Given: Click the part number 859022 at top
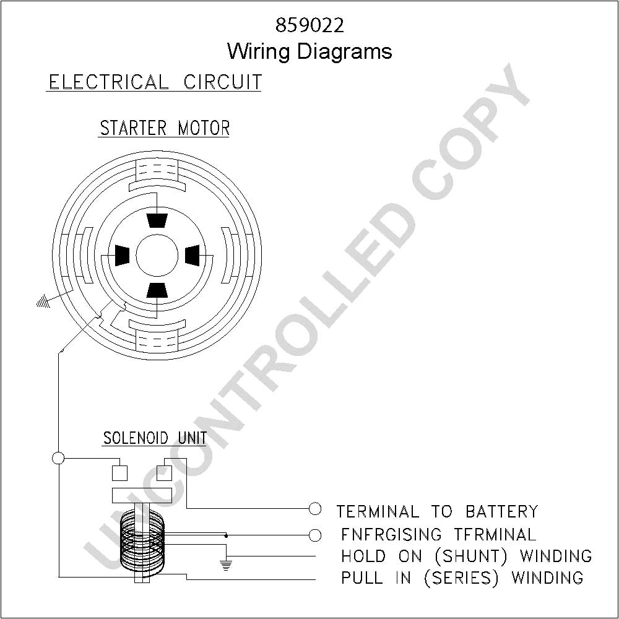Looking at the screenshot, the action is [x=309, y=25].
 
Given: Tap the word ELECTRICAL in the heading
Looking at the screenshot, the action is [x=108, y=82].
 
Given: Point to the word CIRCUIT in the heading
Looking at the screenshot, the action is [x=222, y=82].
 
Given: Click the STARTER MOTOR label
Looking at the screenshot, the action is [x=165, y=128].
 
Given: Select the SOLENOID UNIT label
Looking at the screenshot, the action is [x=155, y=438].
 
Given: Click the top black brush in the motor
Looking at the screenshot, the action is [x=157, y=221].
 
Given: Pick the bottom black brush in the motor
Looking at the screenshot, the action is [x=157, y=290].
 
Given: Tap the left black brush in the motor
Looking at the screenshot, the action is [x=122, y=256].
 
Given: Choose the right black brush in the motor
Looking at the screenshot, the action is [x=193, y=256].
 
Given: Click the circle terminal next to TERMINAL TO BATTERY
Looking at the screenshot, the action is [x=314, y=509].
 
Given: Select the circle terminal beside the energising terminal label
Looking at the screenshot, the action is [x=314, y=535].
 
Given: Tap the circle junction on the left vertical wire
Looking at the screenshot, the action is [x=58, y=458].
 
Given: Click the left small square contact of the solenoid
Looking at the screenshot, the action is [x=119, y=473].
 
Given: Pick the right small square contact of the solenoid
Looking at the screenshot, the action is [x=164, y=473].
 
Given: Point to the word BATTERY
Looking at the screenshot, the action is [x=501, y=511].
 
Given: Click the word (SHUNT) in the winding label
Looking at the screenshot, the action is [x=471, y=556].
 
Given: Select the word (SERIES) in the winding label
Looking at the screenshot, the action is [x=461, y=578].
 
